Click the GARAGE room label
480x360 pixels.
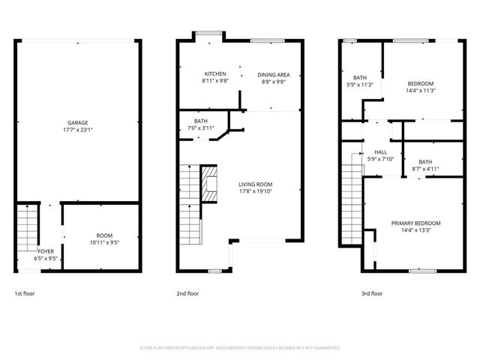point(78,122)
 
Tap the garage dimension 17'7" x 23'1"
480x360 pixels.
point(78,129)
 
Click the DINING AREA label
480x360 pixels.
point(274,74)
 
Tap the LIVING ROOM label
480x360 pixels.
point(256,184)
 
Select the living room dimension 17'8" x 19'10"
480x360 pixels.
point(256,190)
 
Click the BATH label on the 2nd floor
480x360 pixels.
point(200,121)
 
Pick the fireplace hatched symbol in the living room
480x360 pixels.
point(211,185)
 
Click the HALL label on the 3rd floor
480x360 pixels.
point(380,151)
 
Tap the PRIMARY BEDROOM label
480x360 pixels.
point(415,223)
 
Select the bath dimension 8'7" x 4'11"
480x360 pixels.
point(425,169)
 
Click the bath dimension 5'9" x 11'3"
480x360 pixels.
point(360,84)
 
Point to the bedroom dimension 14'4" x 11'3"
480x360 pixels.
point(421,90)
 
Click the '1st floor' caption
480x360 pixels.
point(25,293)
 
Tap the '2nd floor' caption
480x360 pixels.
point(187,293)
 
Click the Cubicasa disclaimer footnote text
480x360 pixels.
point(240,348)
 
